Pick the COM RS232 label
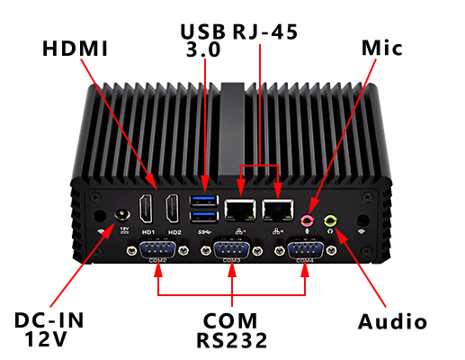[x=231, y=330]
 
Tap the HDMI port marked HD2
[x=174, y=209]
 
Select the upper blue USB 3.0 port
[x=206, y=201]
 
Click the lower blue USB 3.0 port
[x=206, y=217]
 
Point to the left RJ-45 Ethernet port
[x=240, y=209]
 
